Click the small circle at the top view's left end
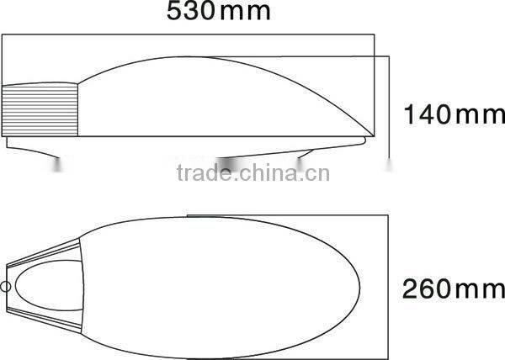[6, 286]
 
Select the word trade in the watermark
[199, 175]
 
